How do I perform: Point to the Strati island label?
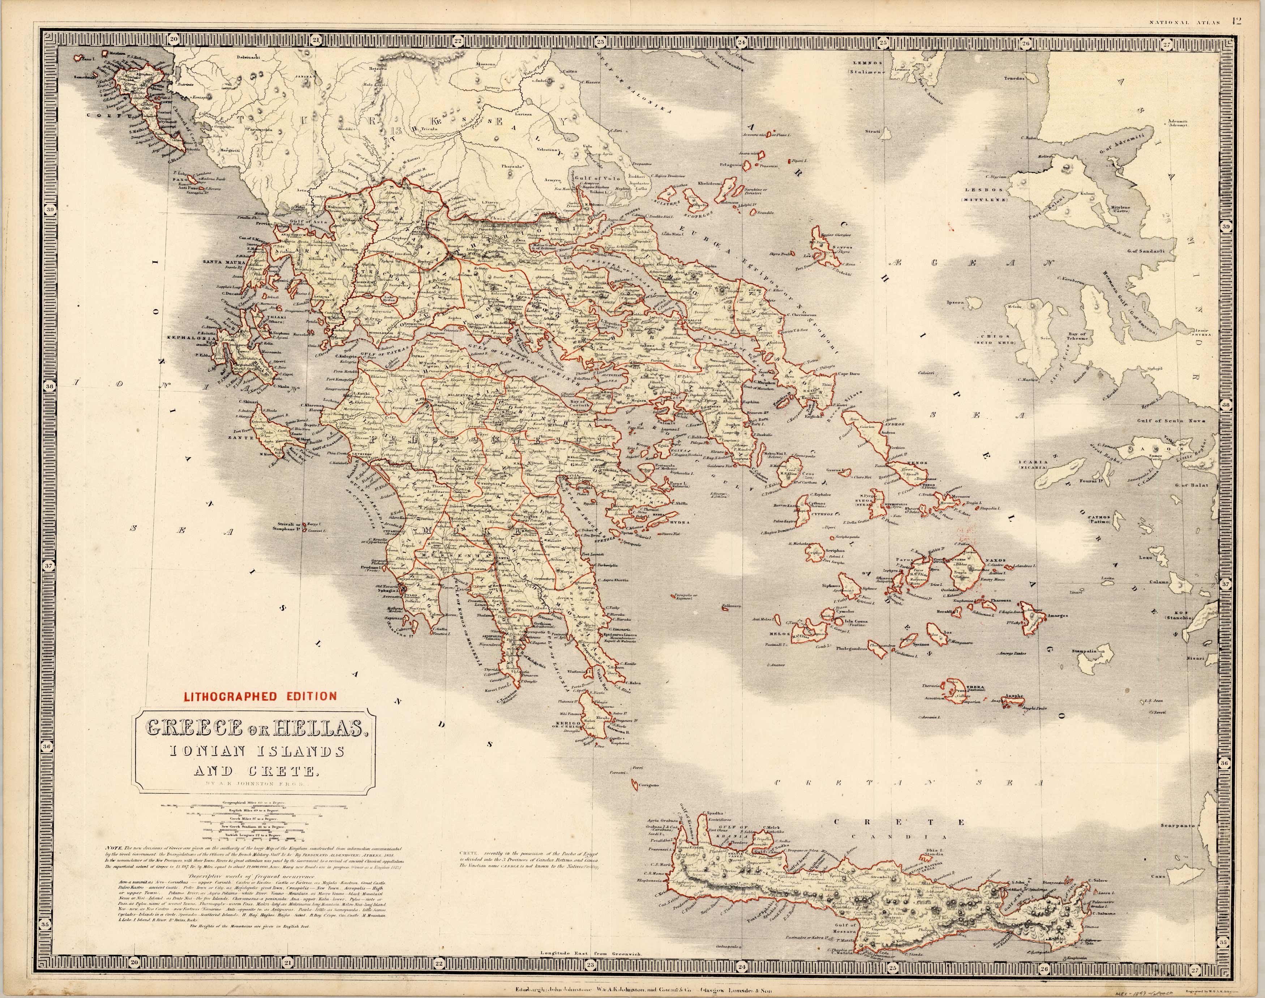(873, 132)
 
